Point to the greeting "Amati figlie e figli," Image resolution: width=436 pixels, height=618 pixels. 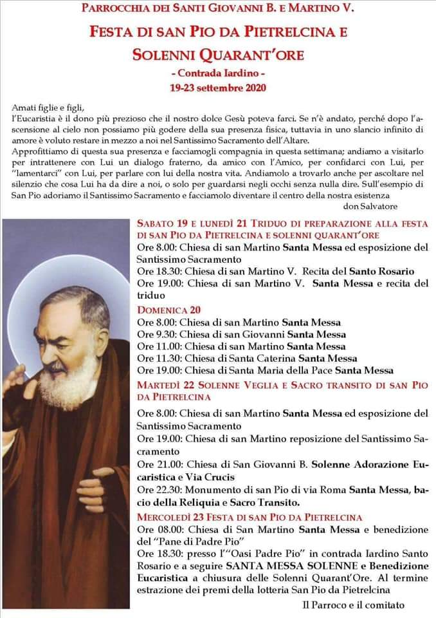49,108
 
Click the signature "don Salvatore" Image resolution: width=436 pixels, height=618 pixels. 370,206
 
